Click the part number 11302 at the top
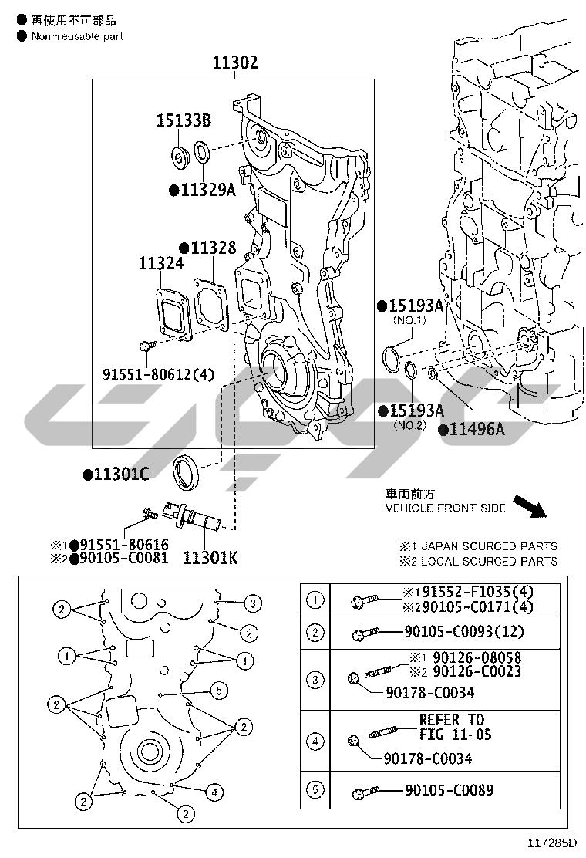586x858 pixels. click(x=235, y=63)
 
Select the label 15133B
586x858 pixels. click(x=184, y=120)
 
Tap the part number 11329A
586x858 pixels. click(x=207, y=190)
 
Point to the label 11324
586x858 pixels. click(x=161, y=264)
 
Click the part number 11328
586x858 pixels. click(x=214, y=248)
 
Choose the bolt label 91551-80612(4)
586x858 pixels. click(x=158, y=374)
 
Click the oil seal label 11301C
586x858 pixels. click(x=121, y=475)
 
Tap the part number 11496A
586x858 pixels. click(x=477, y=430)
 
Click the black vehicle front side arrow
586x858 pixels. click(x=530, y=506)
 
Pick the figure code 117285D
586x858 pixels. click(x=552, y=843)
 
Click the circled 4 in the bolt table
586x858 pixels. click(x=316, y=742)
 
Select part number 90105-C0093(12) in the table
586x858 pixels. click(x=463, y=632)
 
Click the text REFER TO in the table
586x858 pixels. click(x=452, y=720)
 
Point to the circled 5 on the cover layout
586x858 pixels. click(x=218, y=689)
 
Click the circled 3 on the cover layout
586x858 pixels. click(x=251, y=602)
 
